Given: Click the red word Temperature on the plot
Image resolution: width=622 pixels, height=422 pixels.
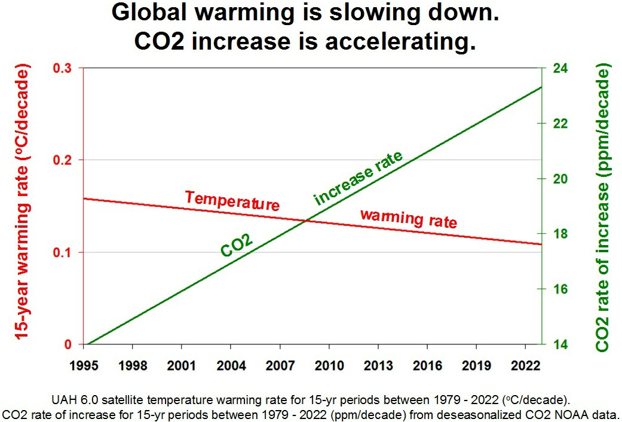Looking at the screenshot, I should pos(232,201).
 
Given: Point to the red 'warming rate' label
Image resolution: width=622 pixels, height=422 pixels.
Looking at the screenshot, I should pos(409,218).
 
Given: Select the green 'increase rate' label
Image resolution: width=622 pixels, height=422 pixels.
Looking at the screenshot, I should pos(359,178).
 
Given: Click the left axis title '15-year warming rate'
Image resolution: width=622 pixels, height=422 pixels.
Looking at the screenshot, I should pos(22,203).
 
